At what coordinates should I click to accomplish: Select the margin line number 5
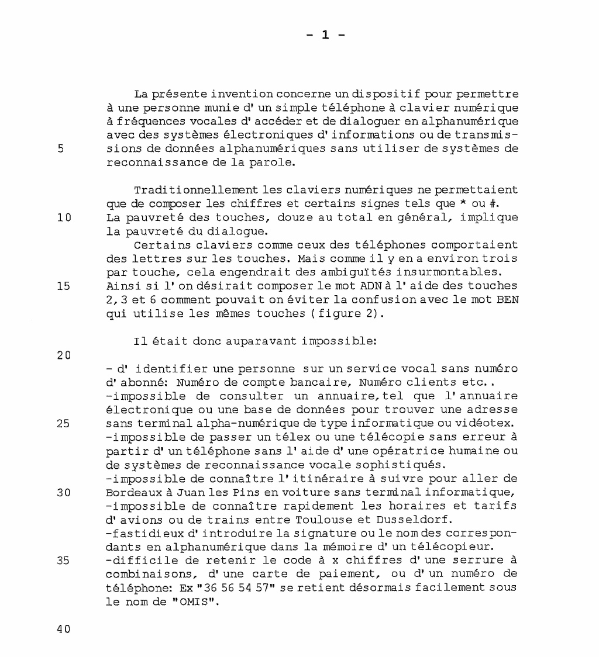(x=60, y=148)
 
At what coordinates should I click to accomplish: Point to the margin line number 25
(x=63, y=424)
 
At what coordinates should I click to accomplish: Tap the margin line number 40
(x=63, y=630)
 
